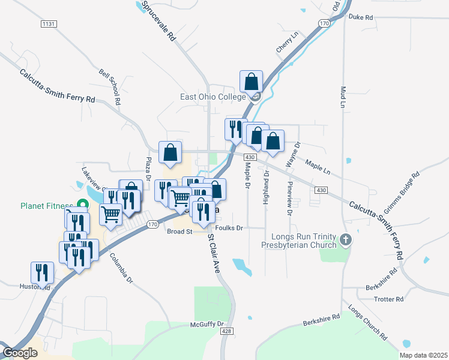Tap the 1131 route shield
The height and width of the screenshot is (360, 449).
click(49, 23)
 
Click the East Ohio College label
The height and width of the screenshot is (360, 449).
click(214, 97)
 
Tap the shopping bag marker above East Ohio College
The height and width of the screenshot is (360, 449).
click(251, 82)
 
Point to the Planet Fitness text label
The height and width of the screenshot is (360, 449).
click(46, 206)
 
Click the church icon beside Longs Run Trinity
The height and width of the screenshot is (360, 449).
click(345, 240)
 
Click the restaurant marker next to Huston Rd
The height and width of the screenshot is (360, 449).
click(41, 272)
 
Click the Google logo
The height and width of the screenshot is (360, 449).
click(20, 353)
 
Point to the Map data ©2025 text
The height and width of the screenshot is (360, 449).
click(423, 355)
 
